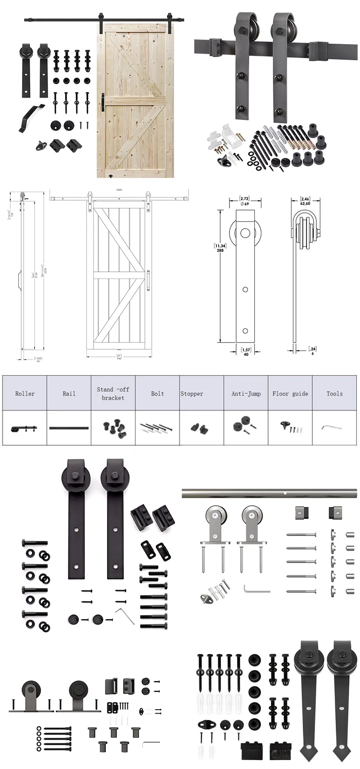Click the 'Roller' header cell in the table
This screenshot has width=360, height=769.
click(x=25, y=393)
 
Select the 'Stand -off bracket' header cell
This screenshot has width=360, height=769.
click(x=113, y=393)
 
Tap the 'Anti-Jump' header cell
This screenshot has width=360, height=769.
click(x=246, y=393)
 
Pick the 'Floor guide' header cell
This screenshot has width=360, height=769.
click(x=290, y=393)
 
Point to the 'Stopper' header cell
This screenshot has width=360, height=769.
click(x=192, y=393)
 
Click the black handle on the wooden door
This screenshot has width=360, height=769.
click(x=103, y=101)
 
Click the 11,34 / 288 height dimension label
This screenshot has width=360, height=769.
click(x=220, y=248)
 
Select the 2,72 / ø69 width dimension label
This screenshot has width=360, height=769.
click(x=244, y=201)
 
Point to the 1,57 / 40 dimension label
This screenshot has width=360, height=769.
click(x=246, y=351)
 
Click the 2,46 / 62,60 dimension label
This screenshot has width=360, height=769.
click(x=305, y=201)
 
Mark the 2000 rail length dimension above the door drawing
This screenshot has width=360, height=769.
click(x=119, y=190)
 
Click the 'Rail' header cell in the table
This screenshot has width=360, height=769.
click(x=69, y=393)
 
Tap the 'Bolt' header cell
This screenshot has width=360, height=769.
click(x=157, y=393)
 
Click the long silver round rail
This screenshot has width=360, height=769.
click(x=270, y=494)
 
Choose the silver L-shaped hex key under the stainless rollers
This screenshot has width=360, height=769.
click(x=255, y=589)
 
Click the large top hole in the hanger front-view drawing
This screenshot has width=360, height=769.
click(x=245, y=234)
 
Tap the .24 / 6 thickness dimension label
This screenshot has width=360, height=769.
click(x=312, y=351)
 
